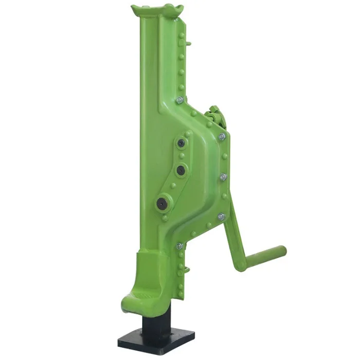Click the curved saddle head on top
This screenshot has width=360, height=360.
tap(157, 10)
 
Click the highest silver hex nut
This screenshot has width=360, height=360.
tap(179, 100)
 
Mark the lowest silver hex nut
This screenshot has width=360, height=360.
tap(179, 246)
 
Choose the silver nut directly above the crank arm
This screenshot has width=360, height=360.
tap(221, 217)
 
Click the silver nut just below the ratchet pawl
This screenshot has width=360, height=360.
tap(222, 137)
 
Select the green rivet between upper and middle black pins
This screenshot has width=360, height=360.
tap(181, 156)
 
